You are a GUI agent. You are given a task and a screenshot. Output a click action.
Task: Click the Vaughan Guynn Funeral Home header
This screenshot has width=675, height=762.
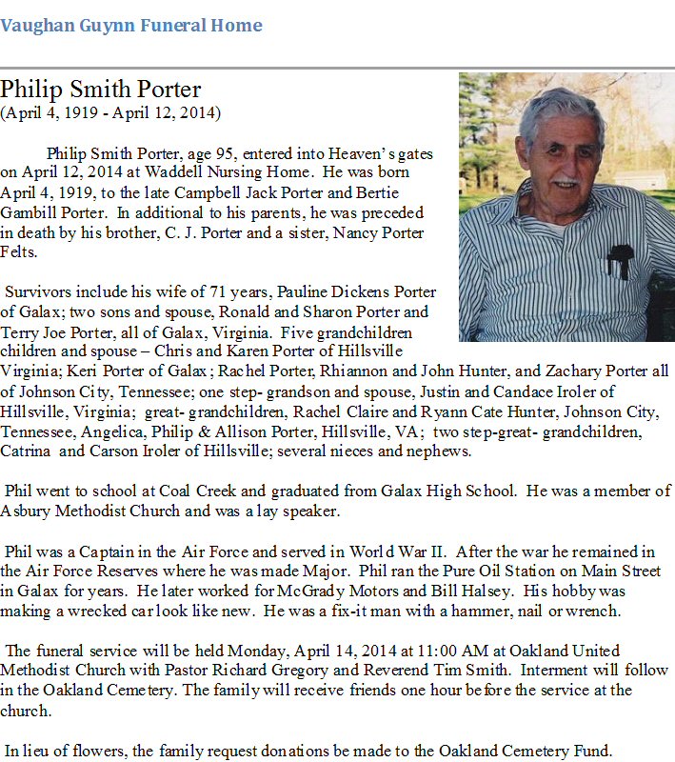pyautogui.click(x=131, y=26)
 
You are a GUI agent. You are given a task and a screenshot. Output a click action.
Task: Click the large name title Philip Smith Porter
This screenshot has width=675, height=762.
pyautogui.click(x=101, y=90)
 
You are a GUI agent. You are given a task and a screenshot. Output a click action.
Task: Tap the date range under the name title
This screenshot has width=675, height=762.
pyautogui.click(x=110, y=113)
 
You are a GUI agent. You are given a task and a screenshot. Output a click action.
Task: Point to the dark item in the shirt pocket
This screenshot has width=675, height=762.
pyautogui.click(x=620, y=258)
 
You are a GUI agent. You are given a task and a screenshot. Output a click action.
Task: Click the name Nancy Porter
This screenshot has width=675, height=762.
pyautogui.click(x=380, y=233)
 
